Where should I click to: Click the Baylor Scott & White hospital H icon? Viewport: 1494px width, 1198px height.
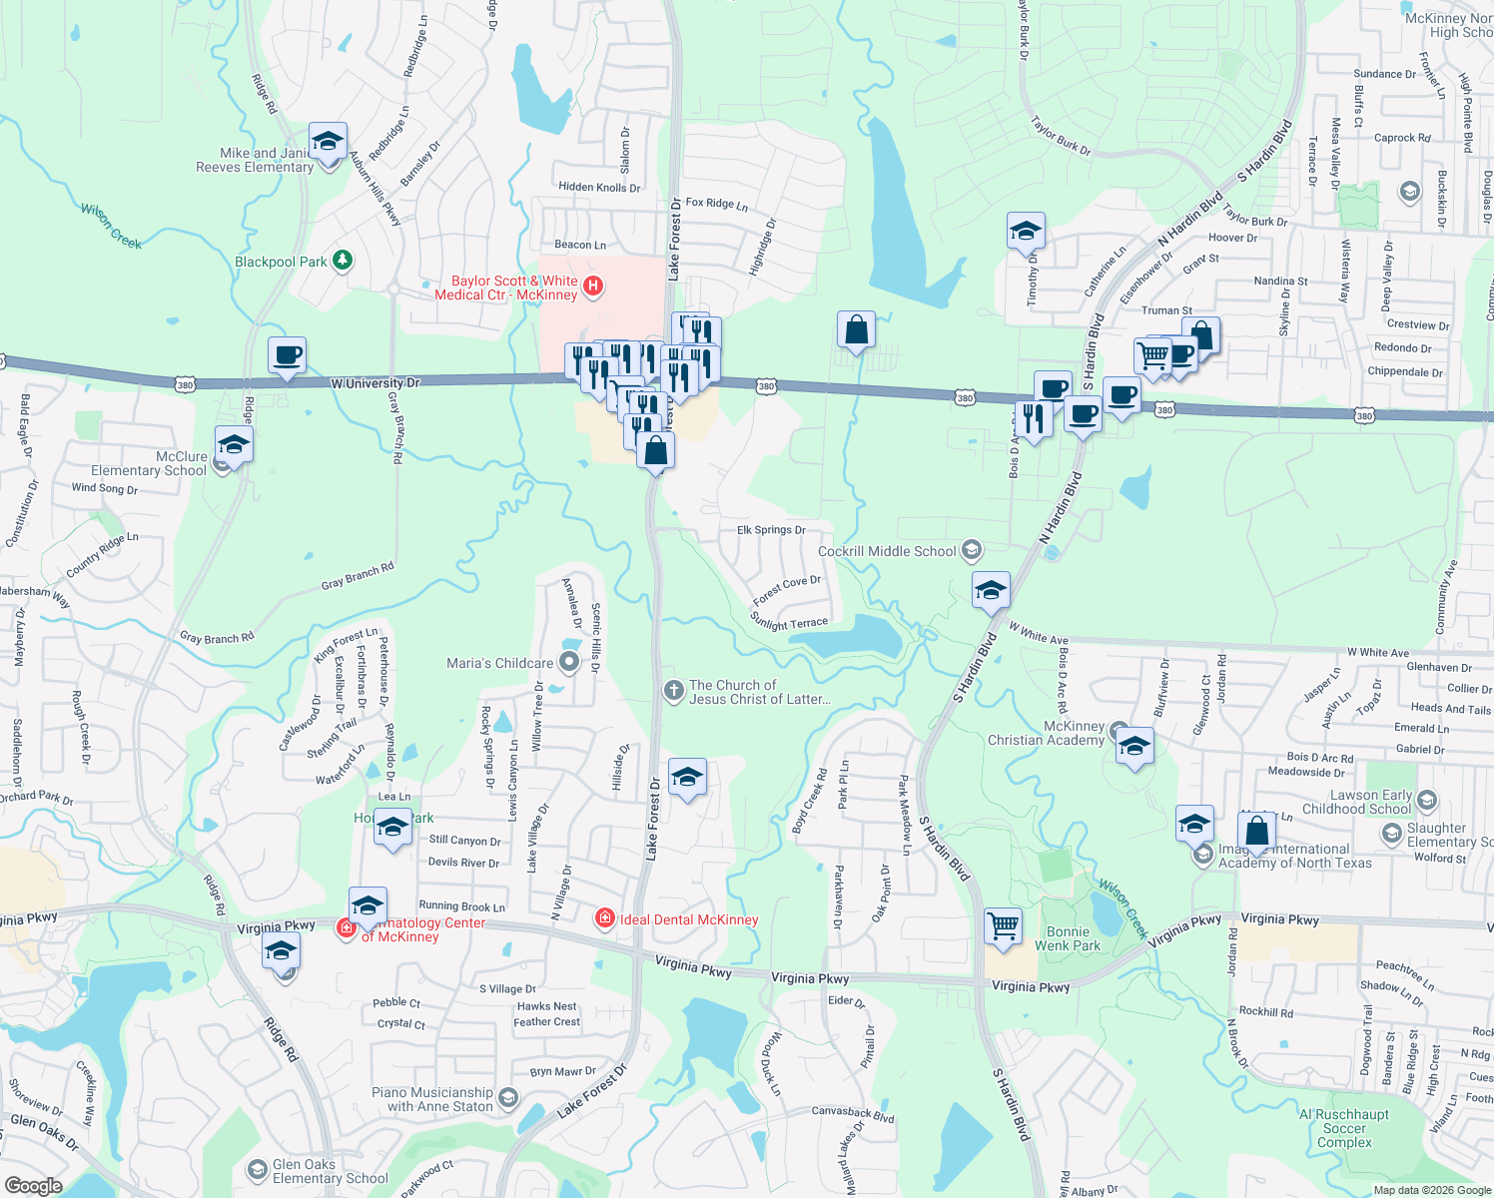coord(593,288)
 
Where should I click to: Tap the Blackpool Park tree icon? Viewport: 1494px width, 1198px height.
coord(343,261)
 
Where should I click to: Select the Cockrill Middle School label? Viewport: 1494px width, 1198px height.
coord(887,551)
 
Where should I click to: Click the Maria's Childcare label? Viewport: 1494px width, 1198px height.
coord(499,663)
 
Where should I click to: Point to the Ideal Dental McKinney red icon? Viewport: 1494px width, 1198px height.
coord(604,918)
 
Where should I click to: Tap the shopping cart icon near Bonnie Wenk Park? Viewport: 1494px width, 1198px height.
coord(1003,924)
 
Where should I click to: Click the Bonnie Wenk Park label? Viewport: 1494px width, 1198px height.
coord(1068,938)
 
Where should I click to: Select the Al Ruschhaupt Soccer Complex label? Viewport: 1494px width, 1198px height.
coord(1344,1128)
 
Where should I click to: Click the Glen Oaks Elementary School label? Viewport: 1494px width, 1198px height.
coord(330,1171)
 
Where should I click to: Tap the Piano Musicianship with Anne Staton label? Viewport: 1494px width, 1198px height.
coord(432,1099)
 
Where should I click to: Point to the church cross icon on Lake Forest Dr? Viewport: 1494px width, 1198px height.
coord(674,690)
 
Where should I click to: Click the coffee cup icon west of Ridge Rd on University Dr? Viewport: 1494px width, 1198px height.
coord(287,354)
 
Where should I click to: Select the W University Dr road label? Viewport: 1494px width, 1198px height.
coord(375,382)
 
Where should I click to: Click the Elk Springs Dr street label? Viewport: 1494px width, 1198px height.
coord(771,530)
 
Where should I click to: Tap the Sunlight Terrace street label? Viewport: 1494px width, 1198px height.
coord(789,623)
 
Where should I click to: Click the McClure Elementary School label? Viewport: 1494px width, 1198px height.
coord(150,463)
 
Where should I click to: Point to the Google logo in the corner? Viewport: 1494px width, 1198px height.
coord(33,1185)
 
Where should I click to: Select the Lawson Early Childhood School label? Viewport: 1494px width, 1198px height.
coord(1357,802)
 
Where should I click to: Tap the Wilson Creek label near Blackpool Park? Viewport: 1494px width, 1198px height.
coord(111,226)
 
